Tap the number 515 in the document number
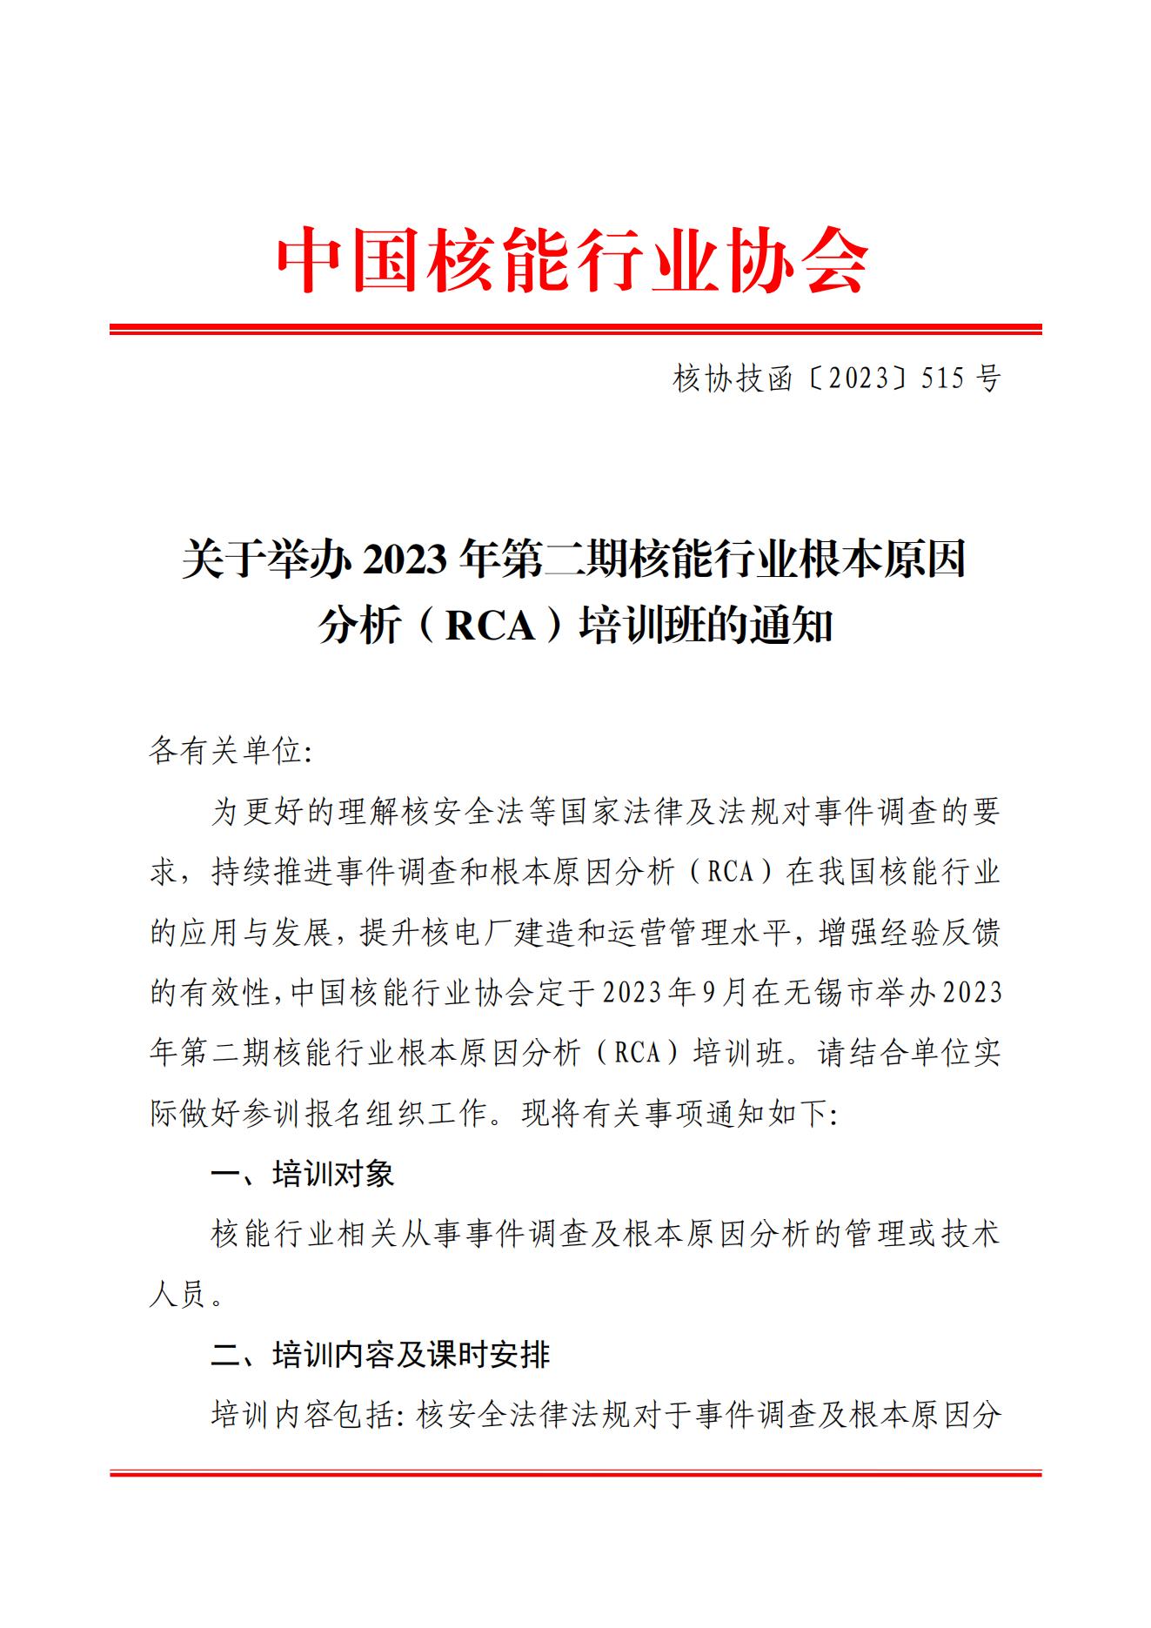coord(947,379)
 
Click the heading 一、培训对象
coord(302,1174)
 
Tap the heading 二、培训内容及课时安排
coord(380,1355)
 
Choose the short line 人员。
coord(187,1295)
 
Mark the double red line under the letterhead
coord(575,329)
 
